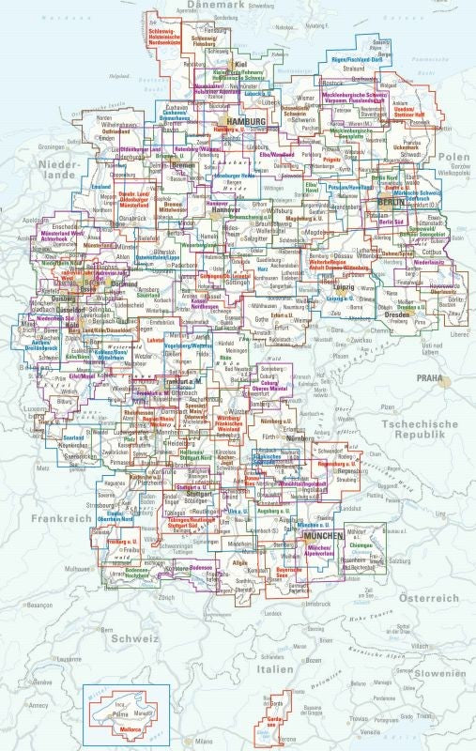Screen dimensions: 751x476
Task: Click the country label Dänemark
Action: pyautogui.click(x=216, y=6)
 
